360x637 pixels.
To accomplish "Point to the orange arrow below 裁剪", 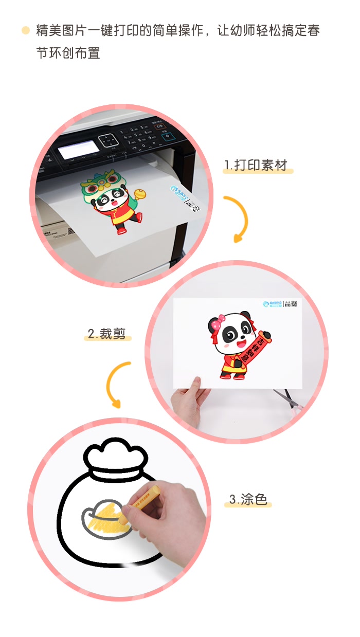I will point(117,383).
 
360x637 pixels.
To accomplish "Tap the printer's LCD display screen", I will point(78,149).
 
